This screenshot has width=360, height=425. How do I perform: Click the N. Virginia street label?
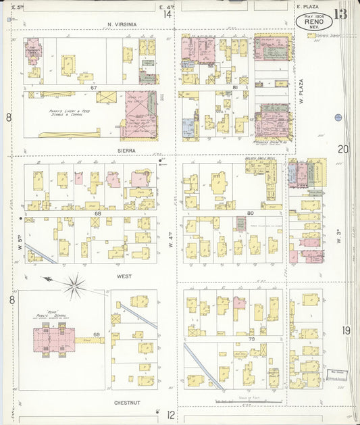[x=122, y=24]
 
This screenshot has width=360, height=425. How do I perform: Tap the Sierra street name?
[x=126, y=151]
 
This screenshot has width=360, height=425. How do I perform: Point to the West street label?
[x=124, y=276]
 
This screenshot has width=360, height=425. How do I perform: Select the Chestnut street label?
[x=128, y=402]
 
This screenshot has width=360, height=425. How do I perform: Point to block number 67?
[x=95, y=89]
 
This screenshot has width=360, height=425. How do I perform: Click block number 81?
[x=235, y=89]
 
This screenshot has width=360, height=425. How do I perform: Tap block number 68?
[x=97, y=214]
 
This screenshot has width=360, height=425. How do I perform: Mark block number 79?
[x=233, y=339]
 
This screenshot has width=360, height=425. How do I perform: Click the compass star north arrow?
[x=73, y=286]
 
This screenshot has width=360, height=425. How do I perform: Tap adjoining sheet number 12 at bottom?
[x=172, y=414]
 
